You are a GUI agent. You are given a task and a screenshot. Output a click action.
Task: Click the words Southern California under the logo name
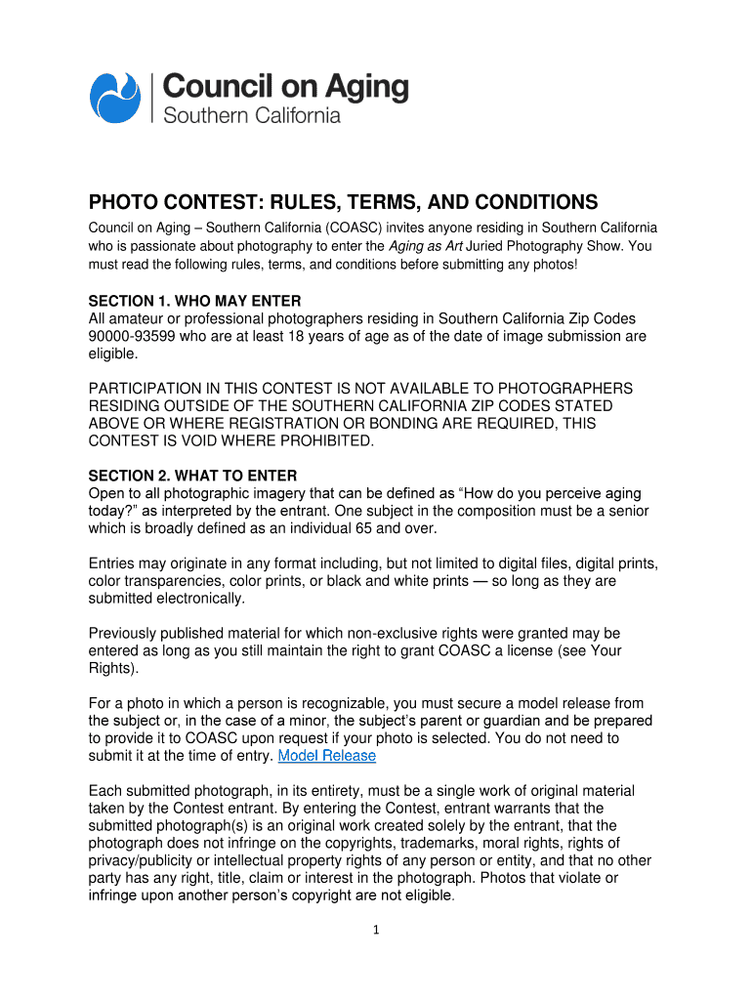251,115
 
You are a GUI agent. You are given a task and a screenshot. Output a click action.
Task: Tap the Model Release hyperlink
327,756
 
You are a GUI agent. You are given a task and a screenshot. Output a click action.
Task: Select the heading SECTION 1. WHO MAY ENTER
194,300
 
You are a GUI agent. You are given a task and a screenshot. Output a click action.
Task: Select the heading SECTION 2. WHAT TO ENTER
192,476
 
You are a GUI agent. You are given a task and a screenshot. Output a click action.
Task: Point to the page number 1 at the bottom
376,929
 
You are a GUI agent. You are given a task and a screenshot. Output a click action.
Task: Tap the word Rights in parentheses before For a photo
110,668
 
